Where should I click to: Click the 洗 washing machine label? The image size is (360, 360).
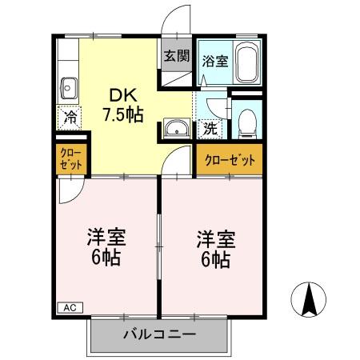(x=209, y=126)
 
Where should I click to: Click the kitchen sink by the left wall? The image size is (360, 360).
(x=68, y=86)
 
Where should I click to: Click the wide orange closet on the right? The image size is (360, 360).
(x=230, y=160)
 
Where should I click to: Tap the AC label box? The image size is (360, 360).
(x=70, y=306)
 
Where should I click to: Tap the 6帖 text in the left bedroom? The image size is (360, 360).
(x=107, y=259)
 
